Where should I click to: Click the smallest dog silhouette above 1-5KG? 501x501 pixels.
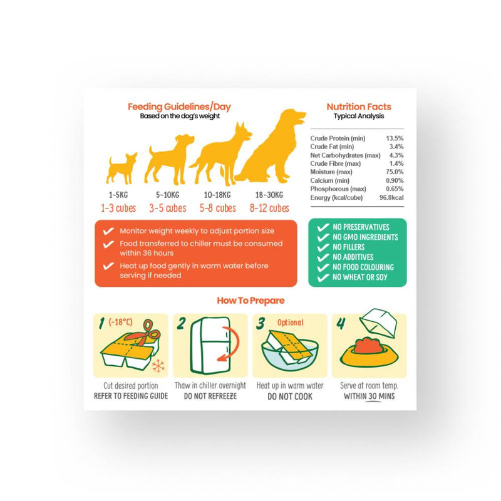coord(121,168)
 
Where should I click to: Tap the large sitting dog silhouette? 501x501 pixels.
coord(272,147)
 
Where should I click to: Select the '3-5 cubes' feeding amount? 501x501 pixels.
coord(168,209)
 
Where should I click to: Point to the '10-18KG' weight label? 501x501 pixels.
coord(217,195)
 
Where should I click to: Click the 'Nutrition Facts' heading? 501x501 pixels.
coord(359,106)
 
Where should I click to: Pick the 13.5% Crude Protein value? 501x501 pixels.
coord(395,138)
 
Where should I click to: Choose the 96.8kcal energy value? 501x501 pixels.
coord(391,197)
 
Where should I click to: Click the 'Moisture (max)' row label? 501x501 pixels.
coord(331,172)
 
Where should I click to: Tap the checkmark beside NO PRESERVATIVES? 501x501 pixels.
coord(323,227)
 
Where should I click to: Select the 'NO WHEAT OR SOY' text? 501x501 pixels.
coord(359,277)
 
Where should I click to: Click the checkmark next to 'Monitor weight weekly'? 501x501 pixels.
coord(108,231)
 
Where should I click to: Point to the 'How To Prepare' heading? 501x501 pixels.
coord(250,301)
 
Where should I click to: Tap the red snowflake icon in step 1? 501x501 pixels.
coord(158,366)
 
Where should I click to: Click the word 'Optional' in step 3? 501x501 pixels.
coord(291,323)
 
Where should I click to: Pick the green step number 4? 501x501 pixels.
coord(341,324)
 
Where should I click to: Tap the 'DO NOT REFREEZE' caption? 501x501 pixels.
coord(210,396)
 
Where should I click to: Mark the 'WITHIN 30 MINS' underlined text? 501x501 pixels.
coord(369,396)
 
